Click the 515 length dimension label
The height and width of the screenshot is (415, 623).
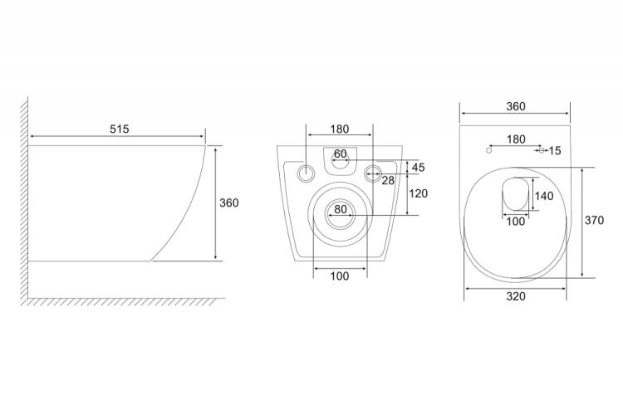pyautogui.click(x=119, y=129)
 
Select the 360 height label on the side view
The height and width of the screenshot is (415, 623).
pyautogui.click(x=229, y=203)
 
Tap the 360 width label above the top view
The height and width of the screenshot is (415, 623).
pyautogui.click(x=516, y=106)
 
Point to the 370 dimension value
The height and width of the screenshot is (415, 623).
pyautogui.click(x=594, y=220)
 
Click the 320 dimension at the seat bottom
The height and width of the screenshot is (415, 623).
pyautogui.click(x=516, y=296)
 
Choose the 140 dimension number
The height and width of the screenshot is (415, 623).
pyautogui.click(x=543, y=196)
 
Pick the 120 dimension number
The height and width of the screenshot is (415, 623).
pyautogui.click(x=418, y=193)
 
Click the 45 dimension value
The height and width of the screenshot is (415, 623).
pyautogui.click(x=419, y=168)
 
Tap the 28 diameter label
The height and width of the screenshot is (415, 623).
pyautogui.click(x=388, y=181)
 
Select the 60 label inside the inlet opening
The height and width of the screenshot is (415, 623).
pyautogui.click(x=340, y=154)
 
